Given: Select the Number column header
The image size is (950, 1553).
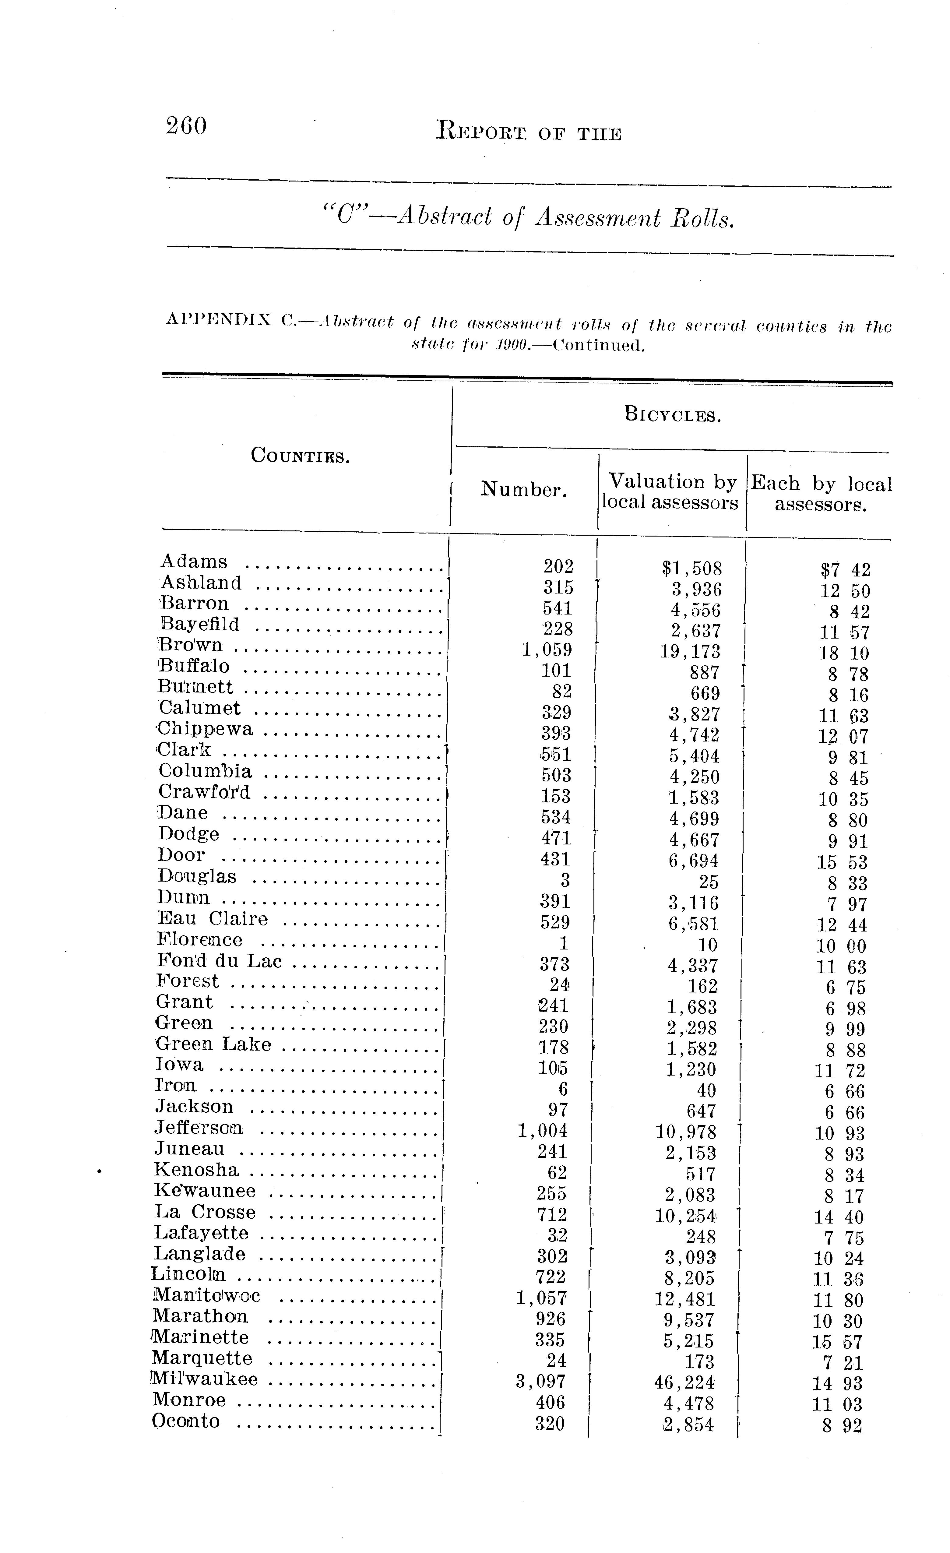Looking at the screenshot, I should pyautogui.click(x=524, y=489).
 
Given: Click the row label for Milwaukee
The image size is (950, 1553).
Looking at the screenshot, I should pyautogui.click(x=206, y=1380).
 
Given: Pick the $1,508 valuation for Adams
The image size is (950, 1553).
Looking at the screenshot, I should pyautogui.click(x=691, y=569).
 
